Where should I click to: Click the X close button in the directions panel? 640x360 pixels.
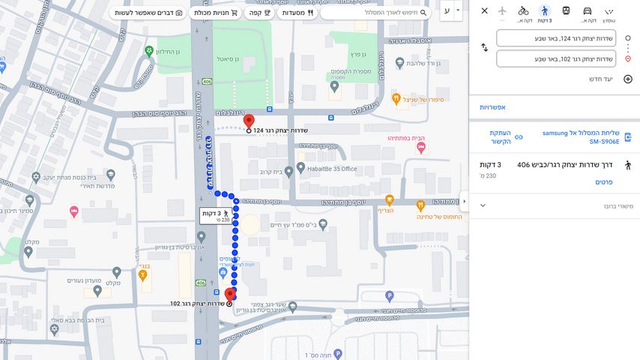click(484, 11)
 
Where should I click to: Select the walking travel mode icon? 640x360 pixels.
click(545, 11)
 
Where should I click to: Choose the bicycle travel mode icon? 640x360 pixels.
click(523, 11)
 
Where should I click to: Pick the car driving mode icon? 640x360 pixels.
click(588, 11)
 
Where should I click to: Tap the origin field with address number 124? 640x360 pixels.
click(555, 38)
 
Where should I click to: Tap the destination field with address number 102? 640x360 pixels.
click(555, 58)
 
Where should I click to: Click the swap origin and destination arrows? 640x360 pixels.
click(484, 48)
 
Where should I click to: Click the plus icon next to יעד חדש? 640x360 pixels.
click(628, 79)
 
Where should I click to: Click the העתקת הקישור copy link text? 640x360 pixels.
click(500, 136)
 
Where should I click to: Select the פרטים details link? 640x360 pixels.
click(603, 182)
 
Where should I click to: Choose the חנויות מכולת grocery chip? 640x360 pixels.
click(216, 13)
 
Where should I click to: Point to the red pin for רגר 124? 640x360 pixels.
click(250, 121)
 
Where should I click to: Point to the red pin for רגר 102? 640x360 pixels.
click(229, 294)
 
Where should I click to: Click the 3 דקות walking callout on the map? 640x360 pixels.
click(216, 216)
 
